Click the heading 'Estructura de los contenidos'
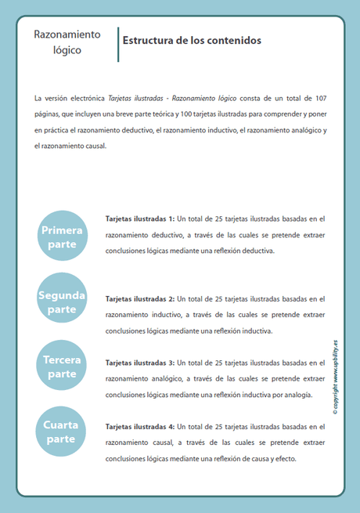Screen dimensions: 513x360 click(x=192, y=40)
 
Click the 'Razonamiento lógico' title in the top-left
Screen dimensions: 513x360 click(x=67, y=42)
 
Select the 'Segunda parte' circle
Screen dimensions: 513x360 click(x=62, y=302)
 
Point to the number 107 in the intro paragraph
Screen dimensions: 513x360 click(x=320, y=98)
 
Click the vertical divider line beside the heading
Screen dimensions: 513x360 click(x=118, y=44)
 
